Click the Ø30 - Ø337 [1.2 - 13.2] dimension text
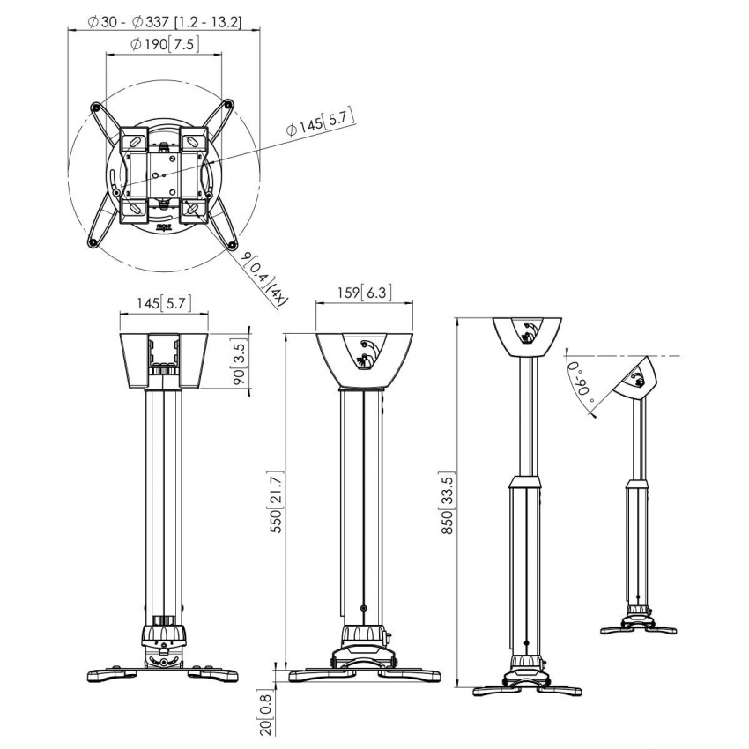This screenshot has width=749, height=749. (x=165, y=21)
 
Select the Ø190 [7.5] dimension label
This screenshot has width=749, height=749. (x=164, y=44)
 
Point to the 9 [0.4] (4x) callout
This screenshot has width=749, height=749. (x=263, y=277)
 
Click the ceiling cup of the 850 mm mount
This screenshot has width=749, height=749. (x=527, y=336)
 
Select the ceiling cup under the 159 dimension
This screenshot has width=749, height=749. (x=364, y=357)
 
